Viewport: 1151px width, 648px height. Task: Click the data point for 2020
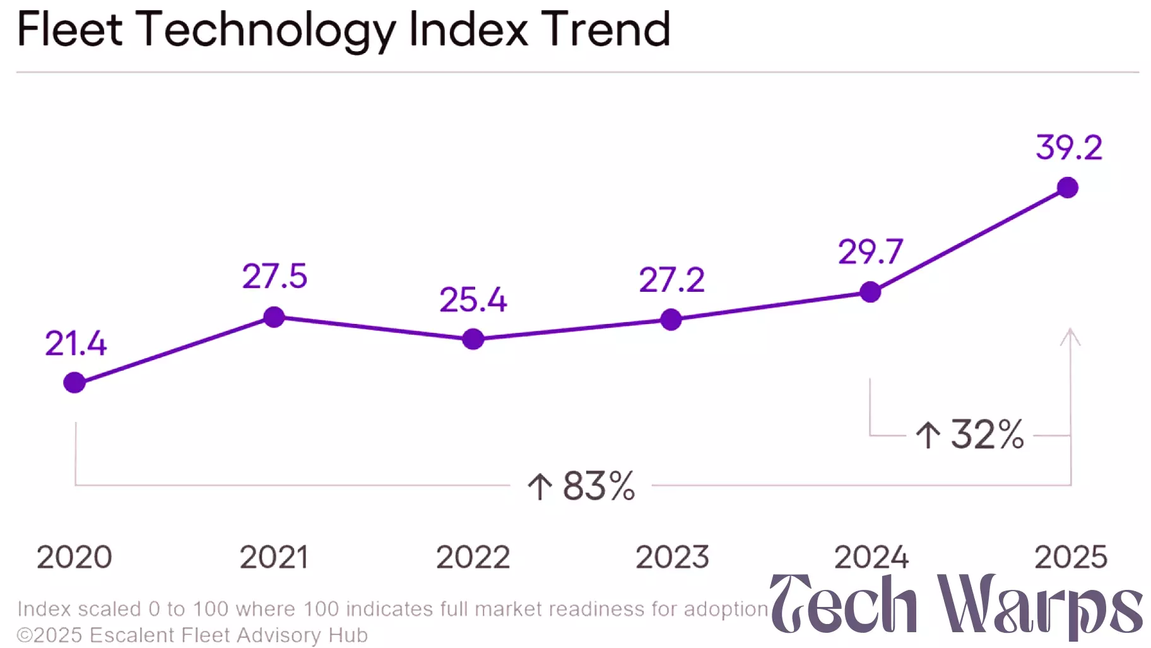74,382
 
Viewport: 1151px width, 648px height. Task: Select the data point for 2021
274,316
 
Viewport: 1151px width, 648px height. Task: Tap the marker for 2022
473,339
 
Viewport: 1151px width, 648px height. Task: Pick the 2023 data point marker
671,320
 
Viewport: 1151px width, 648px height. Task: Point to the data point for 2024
870,292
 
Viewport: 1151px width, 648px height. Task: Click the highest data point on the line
1068,188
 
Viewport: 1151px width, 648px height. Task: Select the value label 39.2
1069,148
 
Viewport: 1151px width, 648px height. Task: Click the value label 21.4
76,344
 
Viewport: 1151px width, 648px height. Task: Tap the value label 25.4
473,299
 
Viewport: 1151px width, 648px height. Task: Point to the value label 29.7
870,252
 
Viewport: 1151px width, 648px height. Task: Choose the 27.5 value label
274,276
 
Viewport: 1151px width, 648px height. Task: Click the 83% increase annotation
582,486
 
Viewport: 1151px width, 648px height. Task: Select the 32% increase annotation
970,435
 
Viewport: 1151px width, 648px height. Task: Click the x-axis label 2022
473,557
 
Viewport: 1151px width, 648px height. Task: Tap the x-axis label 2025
1070,557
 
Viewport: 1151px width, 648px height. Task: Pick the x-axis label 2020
74,557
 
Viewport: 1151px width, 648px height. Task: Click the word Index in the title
468,29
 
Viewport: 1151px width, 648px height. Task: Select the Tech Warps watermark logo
956,605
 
